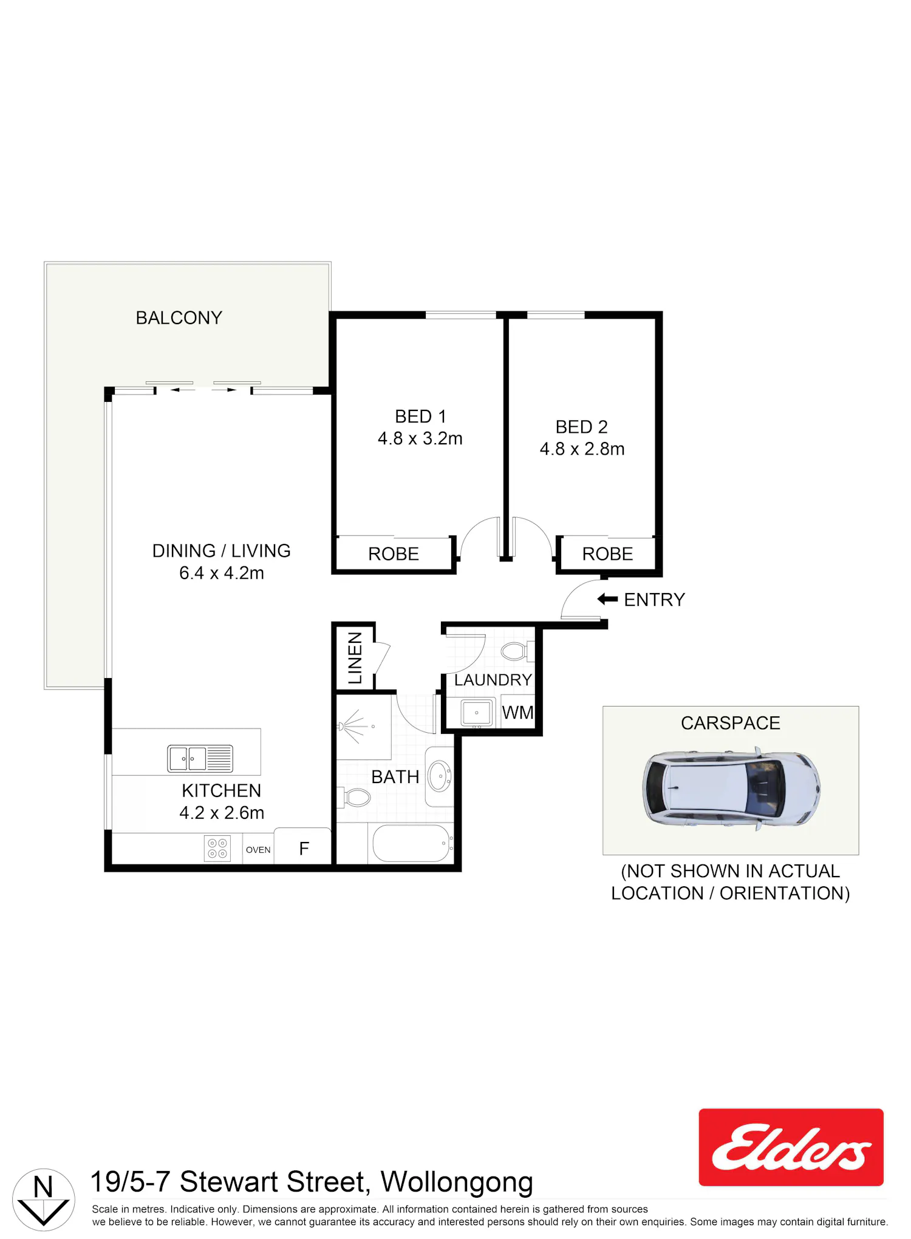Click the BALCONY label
coord(179,317)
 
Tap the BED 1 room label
coord(420,416)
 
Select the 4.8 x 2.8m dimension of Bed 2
coord(582,449)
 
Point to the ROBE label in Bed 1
coord(394,554)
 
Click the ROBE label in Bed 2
coord(607,554)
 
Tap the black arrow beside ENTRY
coord(607,599)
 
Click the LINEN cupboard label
coord(355,658)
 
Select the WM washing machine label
coord(517,712)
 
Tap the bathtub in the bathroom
coord(411,843)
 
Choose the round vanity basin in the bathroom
coord(440,776)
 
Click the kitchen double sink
coord(200,759)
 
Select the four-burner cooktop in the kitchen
coord(217,849)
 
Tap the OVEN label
coord(258,850)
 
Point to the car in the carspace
coord(731,788)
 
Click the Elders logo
coord(791,1147)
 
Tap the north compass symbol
coord(44,1200)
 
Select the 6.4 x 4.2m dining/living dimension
coord(222,572)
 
